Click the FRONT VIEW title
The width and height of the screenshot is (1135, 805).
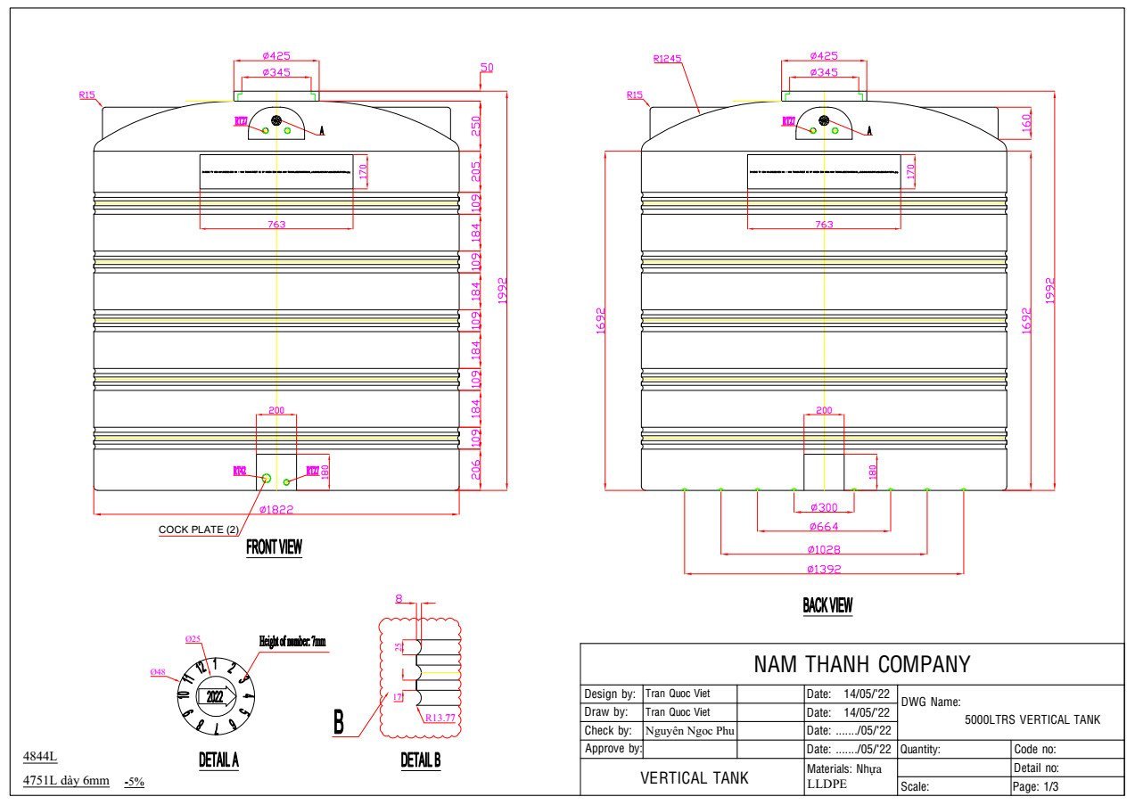(274, 547)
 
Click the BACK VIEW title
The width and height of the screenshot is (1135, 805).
(827, 606)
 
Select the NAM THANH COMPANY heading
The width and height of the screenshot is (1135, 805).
(861, 664)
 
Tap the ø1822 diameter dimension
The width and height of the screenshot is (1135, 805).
(276, 510)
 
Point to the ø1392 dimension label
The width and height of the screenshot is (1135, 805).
(824, 569)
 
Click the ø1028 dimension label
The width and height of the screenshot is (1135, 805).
(824, 549)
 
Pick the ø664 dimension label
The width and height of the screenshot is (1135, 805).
(824, 527)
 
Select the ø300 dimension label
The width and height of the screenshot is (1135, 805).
(824, 507)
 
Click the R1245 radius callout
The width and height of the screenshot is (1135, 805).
(667, 59)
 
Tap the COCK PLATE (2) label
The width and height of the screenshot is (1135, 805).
(199, 530)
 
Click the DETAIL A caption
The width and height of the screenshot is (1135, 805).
(218, 760)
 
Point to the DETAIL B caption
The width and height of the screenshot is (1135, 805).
(421, 760)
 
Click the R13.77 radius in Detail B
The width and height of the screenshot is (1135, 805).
(440, 718)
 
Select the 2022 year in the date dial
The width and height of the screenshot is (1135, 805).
(215, 697)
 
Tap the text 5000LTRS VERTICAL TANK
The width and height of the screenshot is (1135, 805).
(1032, 719)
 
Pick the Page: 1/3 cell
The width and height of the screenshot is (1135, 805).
(1036, 786)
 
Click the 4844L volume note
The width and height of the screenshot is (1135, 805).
(40, 758)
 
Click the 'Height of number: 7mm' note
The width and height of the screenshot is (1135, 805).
(292, 641)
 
